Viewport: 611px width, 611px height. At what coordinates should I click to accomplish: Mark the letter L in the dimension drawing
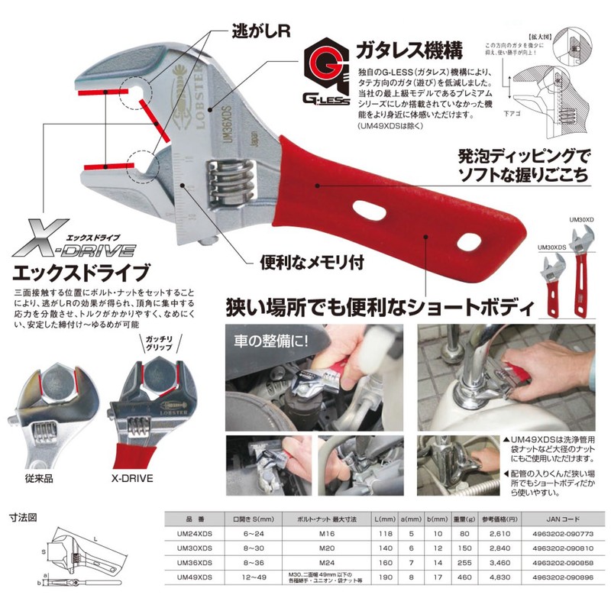105,538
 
